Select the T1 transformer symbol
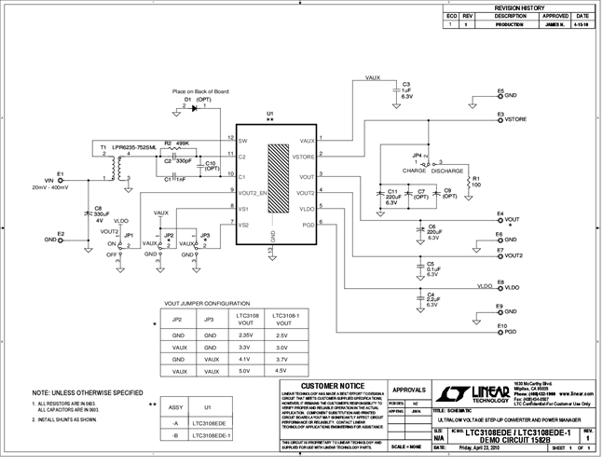(x=116, y=169)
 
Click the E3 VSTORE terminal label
(x=515, y=120)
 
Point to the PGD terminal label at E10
(x=512, y=332)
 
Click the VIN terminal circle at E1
(x=62, y=182)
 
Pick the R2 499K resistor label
(x=178, y=143)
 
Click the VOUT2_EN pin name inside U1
(x=254, y=192)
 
